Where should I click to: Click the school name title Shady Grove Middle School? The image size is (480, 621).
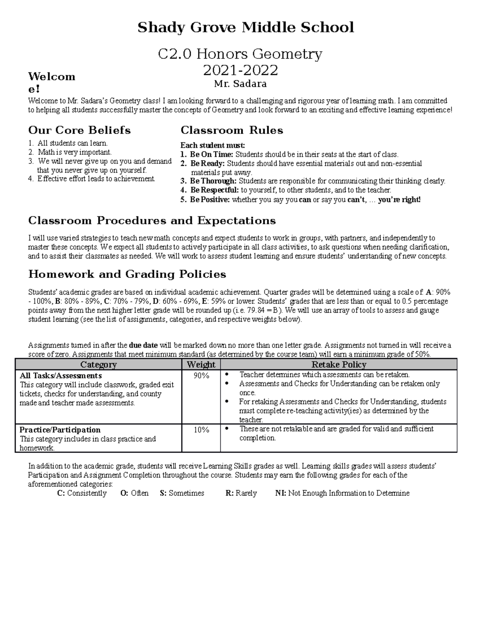(246, 28)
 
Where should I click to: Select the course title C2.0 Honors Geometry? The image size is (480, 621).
(240, 54)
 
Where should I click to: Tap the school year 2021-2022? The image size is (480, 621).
(240, 70)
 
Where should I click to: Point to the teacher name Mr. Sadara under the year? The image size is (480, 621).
(240, 84)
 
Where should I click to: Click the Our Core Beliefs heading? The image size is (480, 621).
(79, 130)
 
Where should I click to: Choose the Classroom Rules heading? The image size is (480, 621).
(232, 130)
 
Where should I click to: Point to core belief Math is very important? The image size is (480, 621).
(74, 152)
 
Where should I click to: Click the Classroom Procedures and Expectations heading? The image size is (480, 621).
(152, 221)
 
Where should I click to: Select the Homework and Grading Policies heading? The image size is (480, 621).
(127, 274)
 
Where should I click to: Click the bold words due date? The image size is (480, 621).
(144, 345)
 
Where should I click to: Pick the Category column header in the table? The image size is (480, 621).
(98, 364)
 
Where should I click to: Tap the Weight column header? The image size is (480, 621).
(201, 364)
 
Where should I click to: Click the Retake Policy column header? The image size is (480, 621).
(338, 364)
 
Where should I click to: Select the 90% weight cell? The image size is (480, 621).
(201, 375)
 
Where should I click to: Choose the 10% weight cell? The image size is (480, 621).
(201, 430)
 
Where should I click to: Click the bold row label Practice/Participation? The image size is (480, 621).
(60, 430)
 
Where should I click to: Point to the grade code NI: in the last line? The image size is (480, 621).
(280, 493)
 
